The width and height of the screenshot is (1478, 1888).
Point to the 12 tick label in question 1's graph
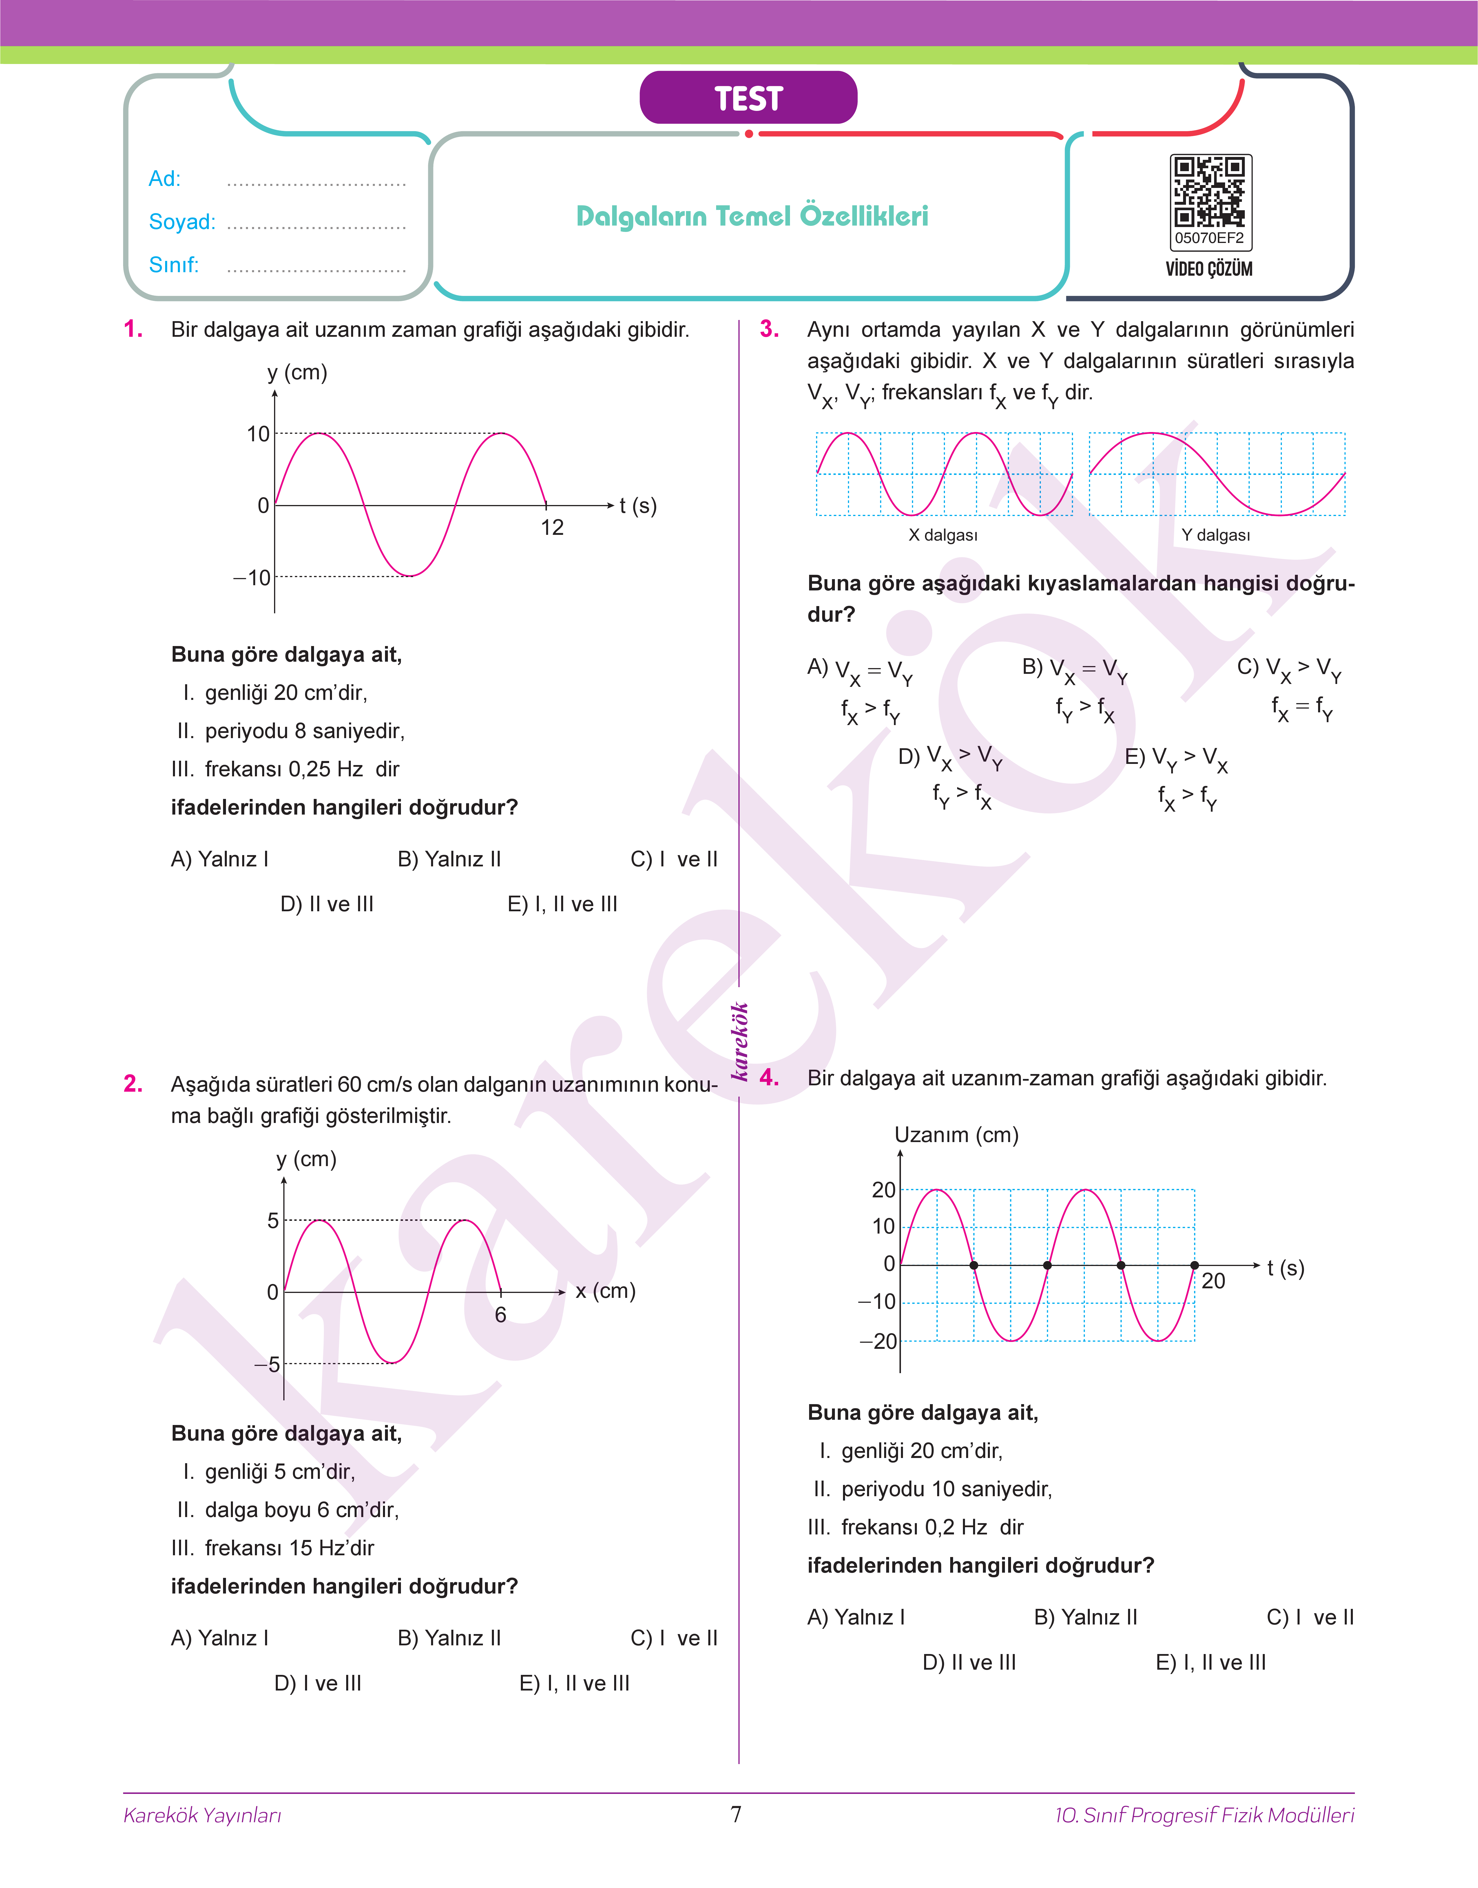coord(552,528)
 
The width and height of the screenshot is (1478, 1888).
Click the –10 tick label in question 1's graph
coord(253,578)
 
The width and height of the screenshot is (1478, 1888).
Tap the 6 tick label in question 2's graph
coord(500,1315)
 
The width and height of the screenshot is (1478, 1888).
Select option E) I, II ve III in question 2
coord(574,1683)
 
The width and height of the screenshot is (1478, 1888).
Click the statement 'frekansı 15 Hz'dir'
coord(289,1548)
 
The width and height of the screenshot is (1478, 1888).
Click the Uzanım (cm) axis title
coord(956,1135)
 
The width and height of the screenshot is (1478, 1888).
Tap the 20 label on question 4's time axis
coord(1213,1281)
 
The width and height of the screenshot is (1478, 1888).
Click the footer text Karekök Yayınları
coord(202,1815)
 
